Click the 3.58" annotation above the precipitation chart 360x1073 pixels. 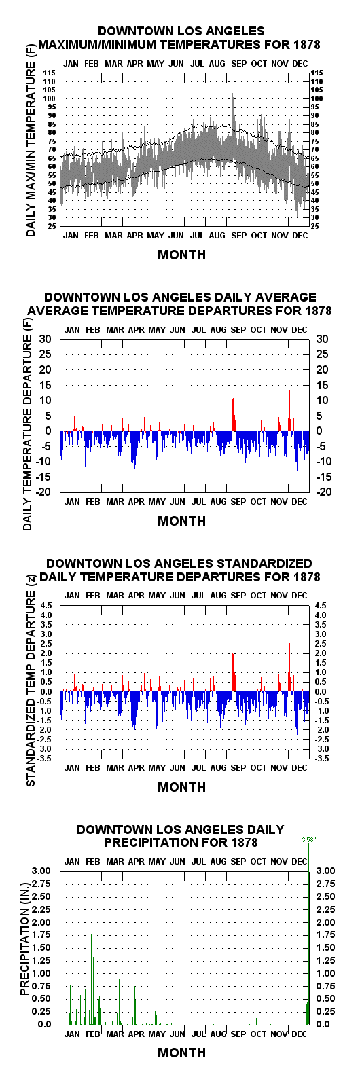click(308, 839)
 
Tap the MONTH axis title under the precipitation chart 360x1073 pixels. click(181, 1053)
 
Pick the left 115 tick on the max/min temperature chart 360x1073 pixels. click(50, 73)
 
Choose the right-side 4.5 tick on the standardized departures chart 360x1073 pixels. click(321, 606)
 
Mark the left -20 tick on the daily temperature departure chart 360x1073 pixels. click(45, 492)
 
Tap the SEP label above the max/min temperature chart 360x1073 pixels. click(238, 64)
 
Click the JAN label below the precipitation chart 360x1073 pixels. click(72, 1034)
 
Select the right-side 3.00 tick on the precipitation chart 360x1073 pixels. click(326, 871)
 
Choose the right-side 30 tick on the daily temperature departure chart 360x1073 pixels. click(322, 339)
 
